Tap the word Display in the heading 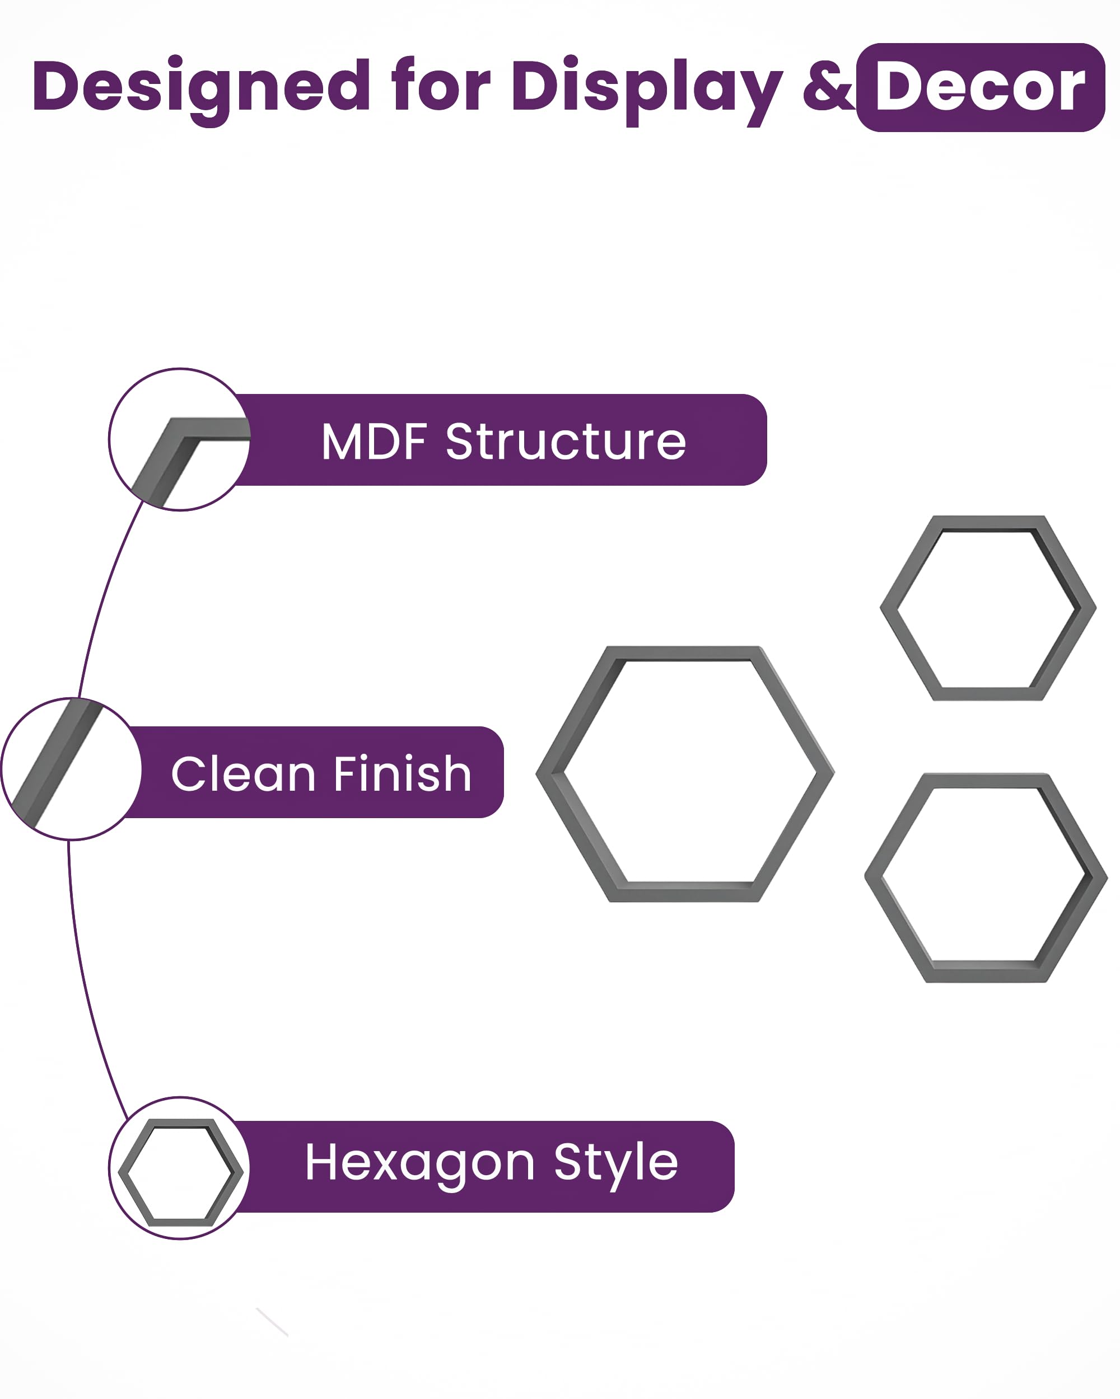click(x=647, y=90)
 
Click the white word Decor click(x=981, y=86)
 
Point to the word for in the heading click(x=441, y=84)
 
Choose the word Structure click(x=566, y=442)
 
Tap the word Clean click(x=244, y=773)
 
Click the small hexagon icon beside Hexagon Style click(x=180, y=1172)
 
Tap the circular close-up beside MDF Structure click(x=180, y=440)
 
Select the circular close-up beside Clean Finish click(x=72, y=769)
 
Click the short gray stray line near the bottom click(x=272, y=1322)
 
